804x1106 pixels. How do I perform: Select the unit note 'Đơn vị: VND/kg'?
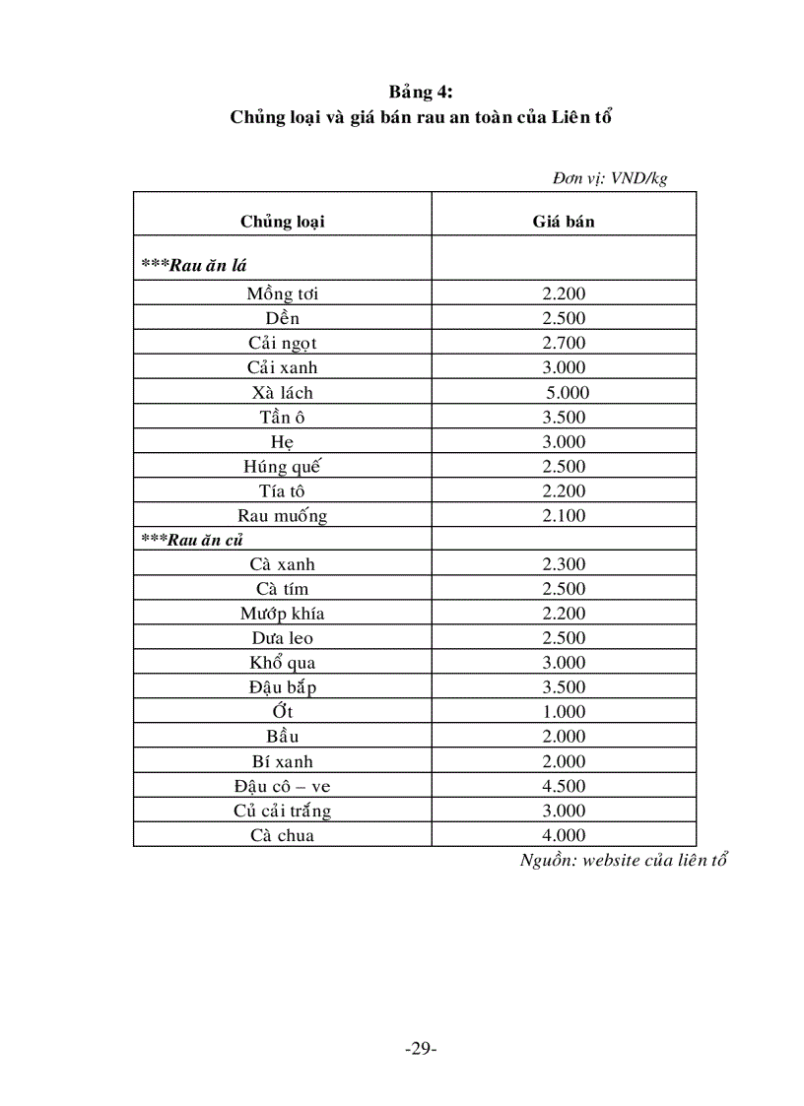click(x=610, y=178)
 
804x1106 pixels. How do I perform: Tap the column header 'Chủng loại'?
click(x=283, y=222)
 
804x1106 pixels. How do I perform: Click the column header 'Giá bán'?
click(x=564, y=222)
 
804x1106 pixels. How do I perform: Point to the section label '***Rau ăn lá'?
click(x=194, y=265)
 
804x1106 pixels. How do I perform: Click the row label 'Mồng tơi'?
click(x=283, y=293)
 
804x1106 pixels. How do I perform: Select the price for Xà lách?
click(x=568, y=392)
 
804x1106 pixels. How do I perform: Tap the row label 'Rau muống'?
click(x=283, y=515)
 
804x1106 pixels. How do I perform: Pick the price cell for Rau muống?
click(x=564, y=515)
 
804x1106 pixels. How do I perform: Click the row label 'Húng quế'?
click(x=283, y=466)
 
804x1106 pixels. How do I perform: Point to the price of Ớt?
click(x=564, y=712)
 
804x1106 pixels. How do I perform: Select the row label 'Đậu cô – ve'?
click(x=283, y=786)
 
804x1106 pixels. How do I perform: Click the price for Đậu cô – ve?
click(x=564, y=786)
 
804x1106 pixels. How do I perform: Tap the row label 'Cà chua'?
click(x=283, y=835)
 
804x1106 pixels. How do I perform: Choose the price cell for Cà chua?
click(x=564, y=835)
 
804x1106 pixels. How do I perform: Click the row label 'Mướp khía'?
click(x=283, y=614)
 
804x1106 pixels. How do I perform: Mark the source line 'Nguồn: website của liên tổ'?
click(x=624, y=860)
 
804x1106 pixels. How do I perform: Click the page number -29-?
click(x=421, y=1048)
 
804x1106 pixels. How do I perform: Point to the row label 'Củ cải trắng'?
click(x=283, y=811)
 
